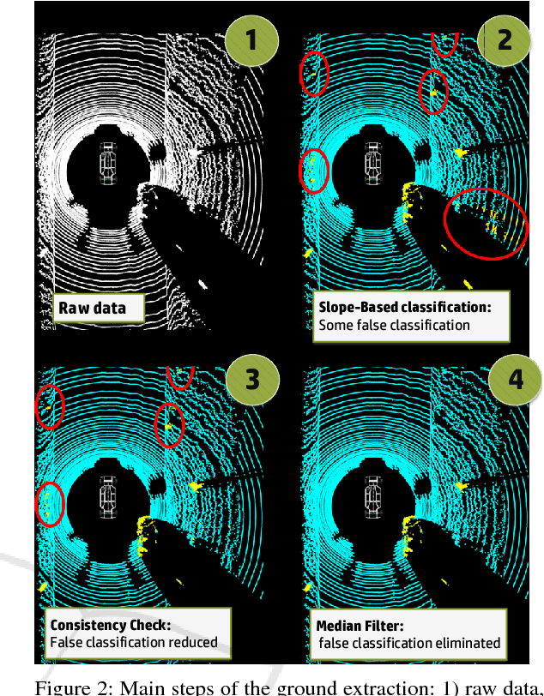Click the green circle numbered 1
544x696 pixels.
click(x=252, y=40)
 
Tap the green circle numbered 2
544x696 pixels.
click(x=504, y=40)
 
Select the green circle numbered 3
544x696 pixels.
click(x=252, y=380)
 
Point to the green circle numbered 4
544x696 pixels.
click(x=515, y=380)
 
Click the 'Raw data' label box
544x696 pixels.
click(x=99, y=308)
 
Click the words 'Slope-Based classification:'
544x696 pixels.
click(x=405, y=307)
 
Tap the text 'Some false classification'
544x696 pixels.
click(x=394, y=326)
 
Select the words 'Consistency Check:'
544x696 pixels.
click(x=111, y=625)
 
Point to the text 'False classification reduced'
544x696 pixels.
click(x=134, y=642)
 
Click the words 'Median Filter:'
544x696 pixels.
click(x=360, y=626)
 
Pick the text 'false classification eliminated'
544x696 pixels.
click(x=409, y=643)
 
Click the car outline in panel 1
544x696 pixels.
click(x=108, y=164)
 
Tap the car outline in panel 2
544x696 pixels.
click(x=373, y=164)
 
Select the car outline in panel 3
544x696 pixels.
click(x=108, y=497)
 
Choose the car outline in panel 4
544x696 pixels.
click(x=373, y=497)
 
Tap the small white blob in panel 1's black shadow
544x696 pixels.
click(x=202, y=284)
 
